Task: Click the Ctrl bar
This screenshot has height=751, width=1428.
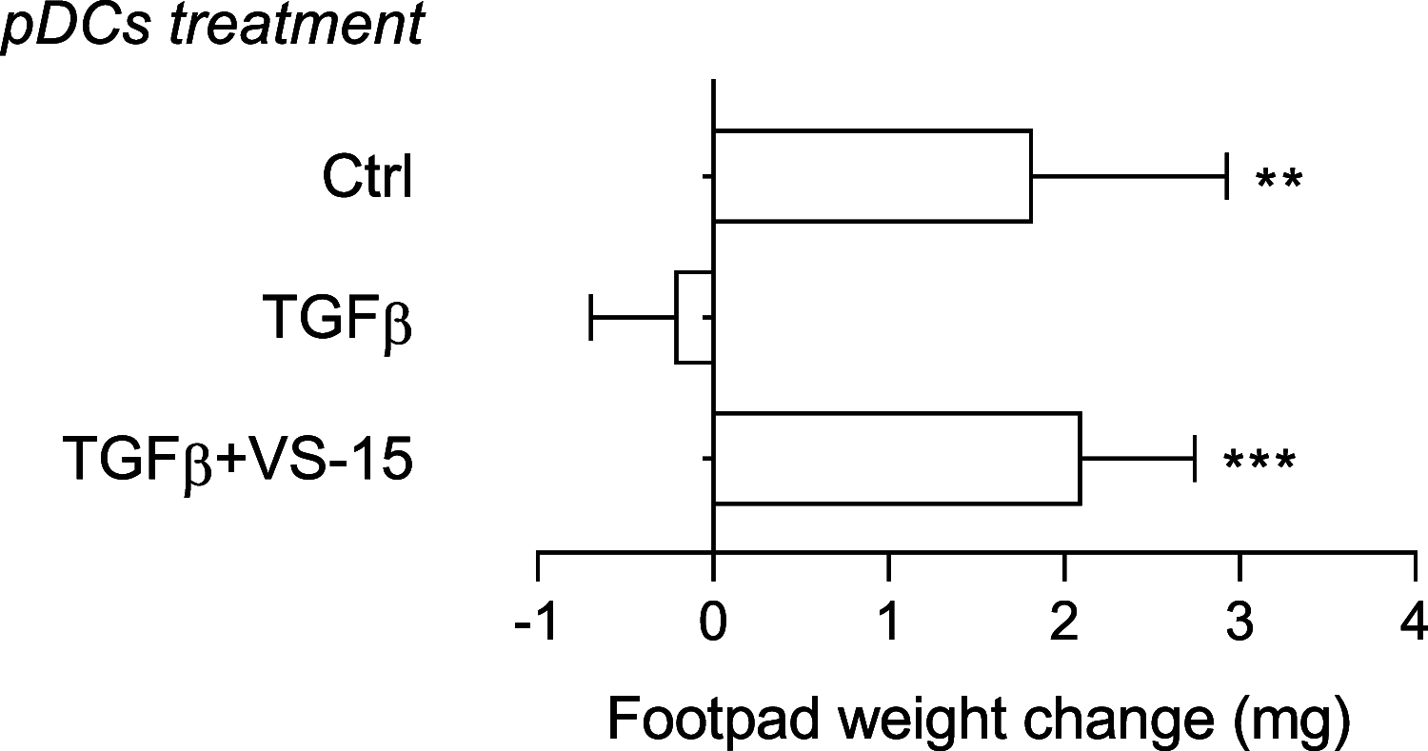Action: point(871,176)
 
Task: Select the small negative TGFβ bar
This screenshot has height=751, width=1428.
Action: point(694,318)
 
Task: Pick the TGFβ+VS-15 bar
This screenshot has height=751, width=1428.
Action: point(896,459)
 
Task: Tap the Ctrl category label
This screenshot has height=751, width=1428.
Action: point(367,178)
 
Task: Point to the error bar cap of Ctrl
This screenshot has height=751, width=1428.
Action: point(1227,176)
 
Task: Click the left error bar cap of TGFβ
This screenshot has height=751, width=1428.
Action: point(592,318)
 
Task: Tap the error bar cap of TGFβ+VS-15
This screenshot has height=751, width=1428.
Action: point(1194,459)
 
